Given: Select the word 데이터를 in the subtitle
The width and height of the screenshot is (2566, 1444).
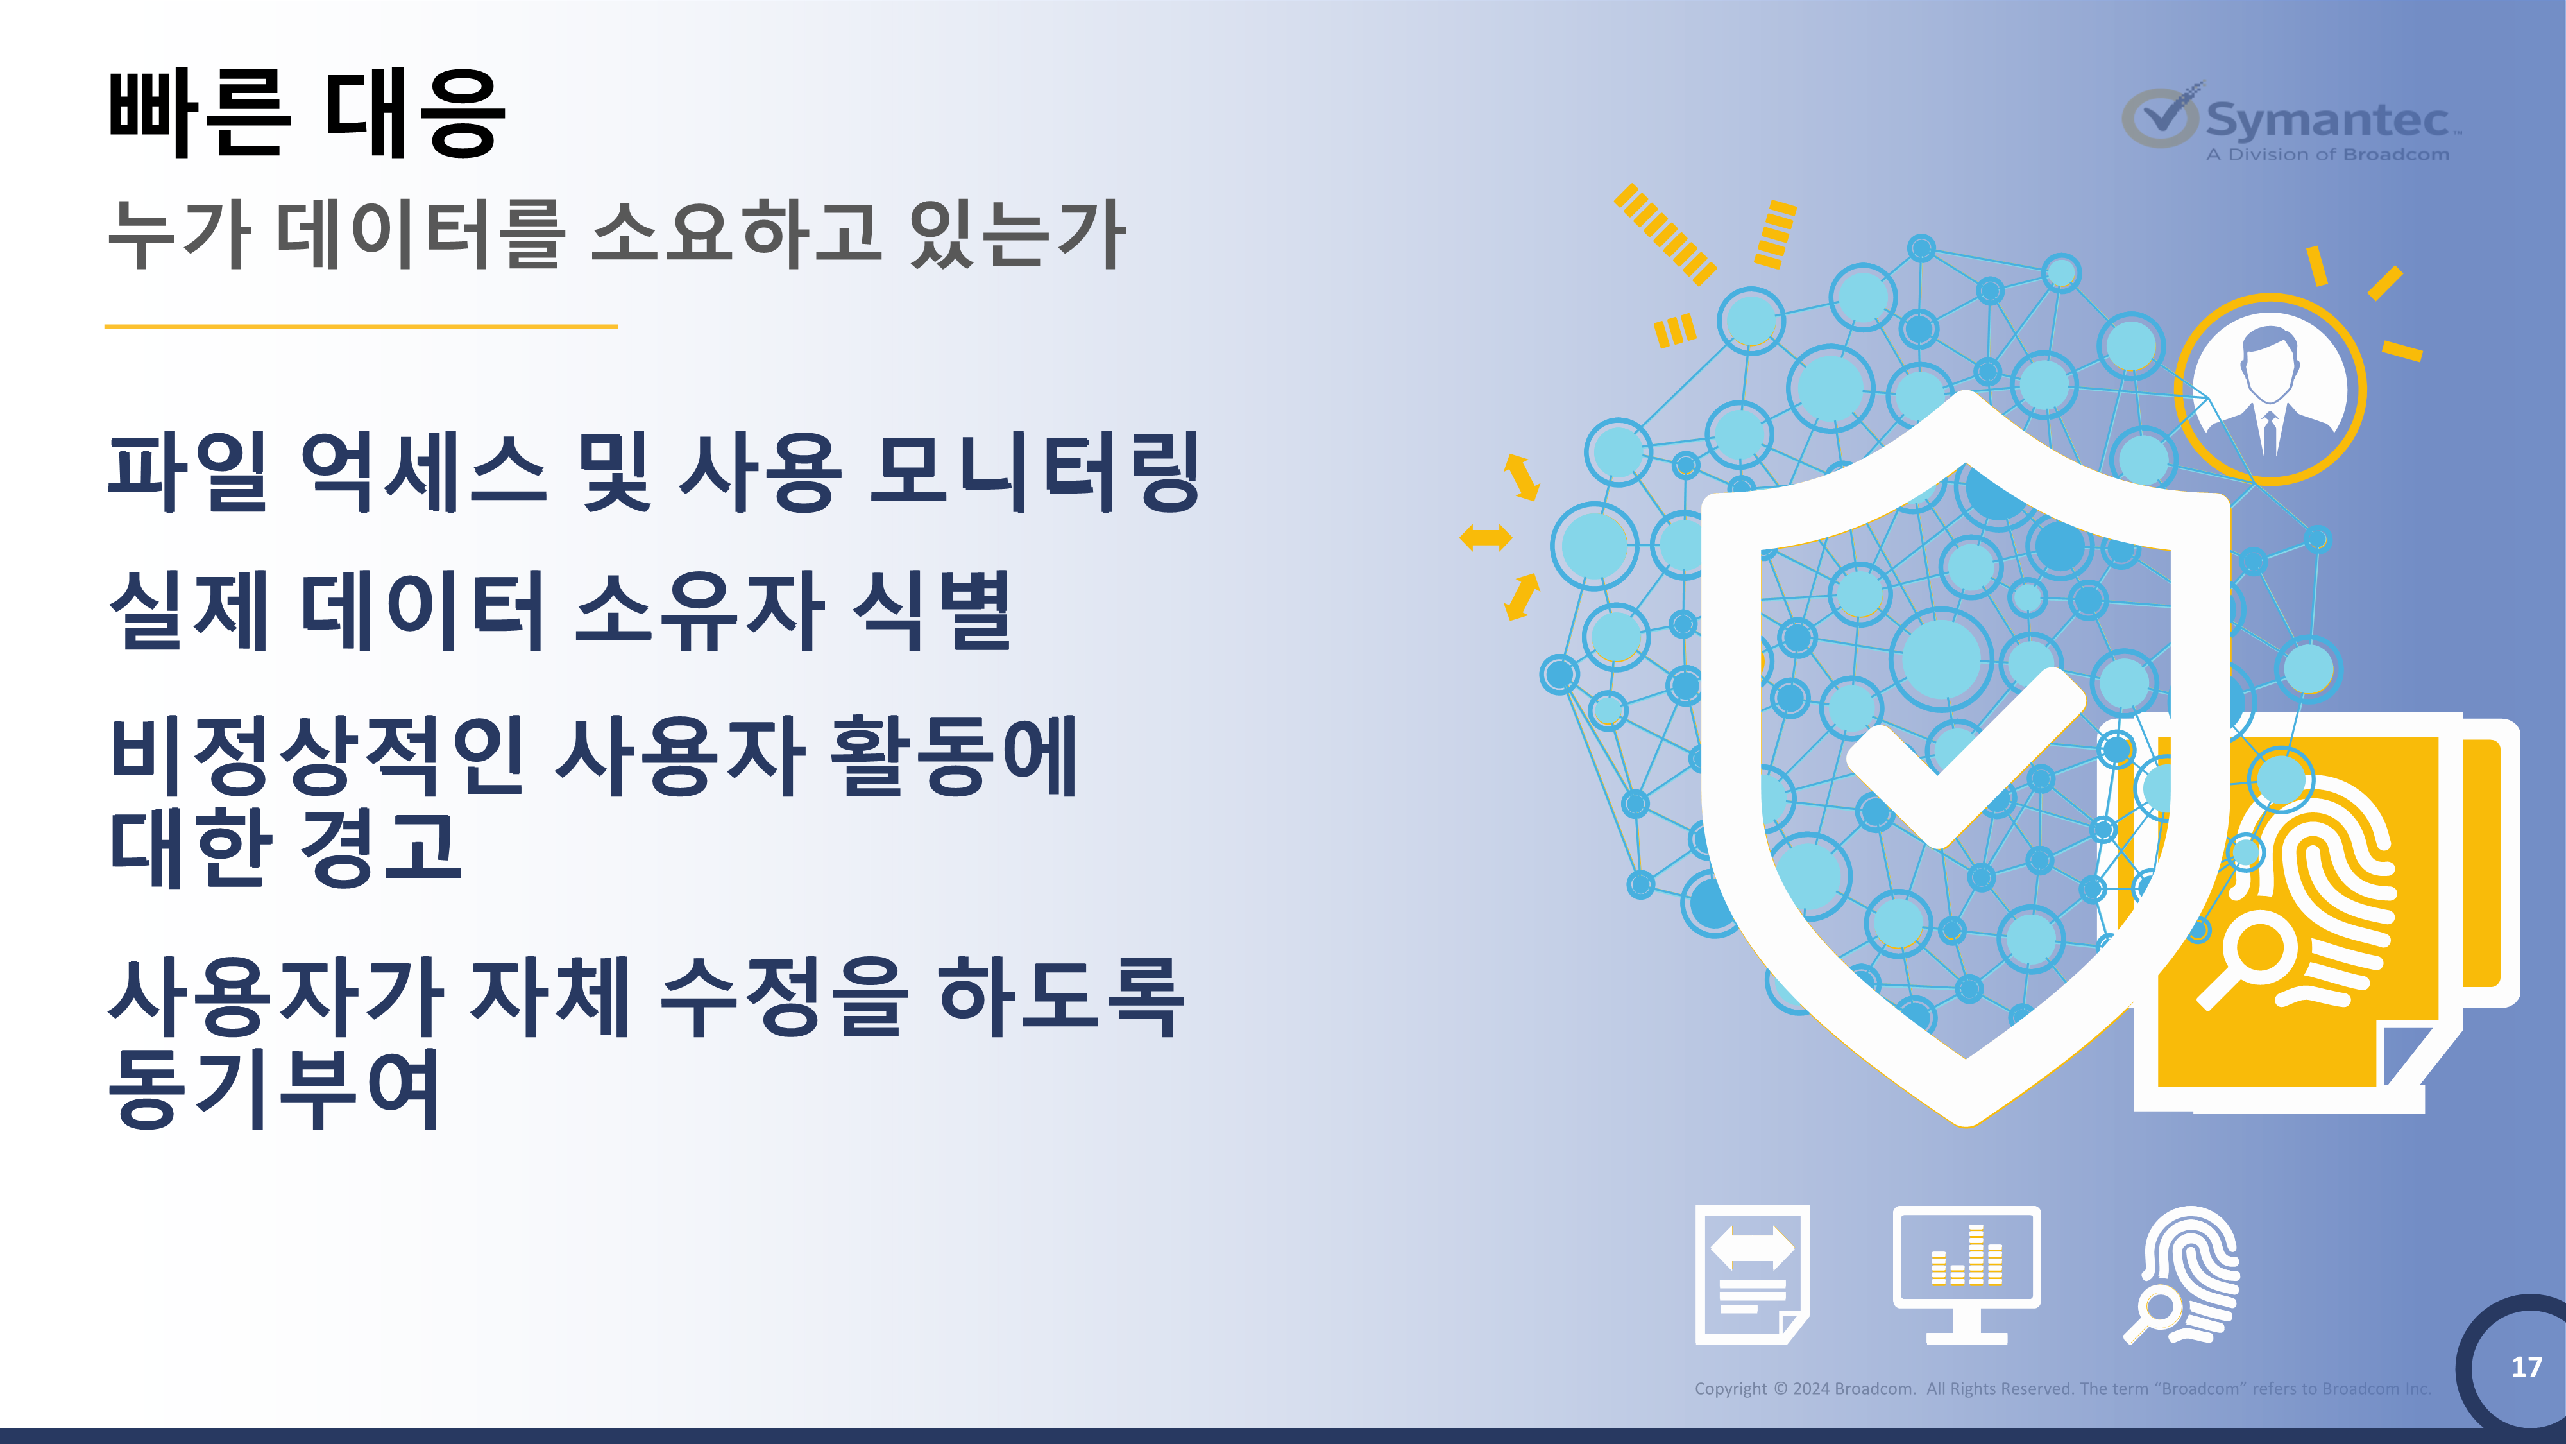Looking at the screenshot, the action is [x=421, y=234].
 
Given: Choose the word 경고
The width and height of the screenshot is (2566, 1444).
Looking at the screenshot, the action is [x=380, y=847].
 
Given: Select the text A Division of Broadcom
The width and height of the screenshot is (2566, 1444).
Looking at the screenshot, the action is [x=2327, y=155].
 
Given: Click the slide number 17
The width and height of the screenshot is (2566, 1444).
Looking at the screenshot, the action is [x=2526, y=1366].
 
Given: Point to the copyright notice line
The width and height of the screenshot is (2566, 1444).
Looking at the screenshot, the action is [x=2062, y=1388].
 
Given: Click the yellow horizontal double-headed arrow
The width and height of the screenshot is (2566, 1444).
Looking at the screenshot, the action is [x=1485, y=538].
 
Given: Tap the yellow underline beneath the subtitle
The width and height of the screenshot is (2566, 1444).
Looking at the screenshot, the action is [x=361, y=326].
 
